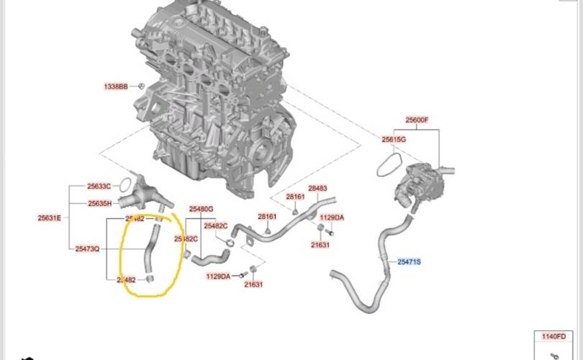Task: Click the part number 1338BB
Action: point(115,86)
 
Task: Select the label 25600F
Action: point(417,120)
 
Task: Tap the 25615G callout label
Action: point(394,139)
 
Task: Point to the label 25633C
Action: point(99,186)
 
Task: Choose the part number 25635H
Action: point(99,204)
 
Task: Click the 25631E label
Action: point(50,217)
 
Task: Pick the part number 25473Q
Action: point(87,248)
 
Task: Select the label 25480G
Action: point(202,209)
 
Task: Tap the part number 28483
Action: point(317,189)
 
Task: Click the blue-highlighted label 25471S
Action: point(409,262)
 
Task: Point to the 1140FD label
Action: point(555,336)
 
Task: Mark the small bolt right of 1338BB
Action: point(141,86)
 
